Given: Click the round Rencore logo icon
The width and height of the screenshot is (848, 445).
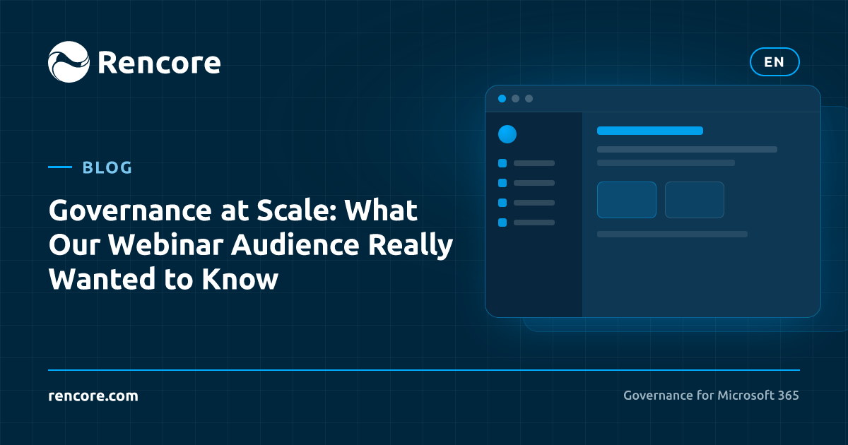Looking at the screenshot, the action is [x=69, y=61].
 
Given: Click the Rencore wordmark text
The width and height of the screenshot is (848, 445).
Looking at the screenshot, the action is [x=160, y=62].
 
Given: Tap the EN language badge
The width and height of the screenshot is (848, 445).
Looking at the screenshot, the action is [x=775, y=61].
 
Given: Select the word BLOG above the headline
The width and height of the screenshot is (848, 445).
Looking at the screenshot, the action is [x=107, y=167].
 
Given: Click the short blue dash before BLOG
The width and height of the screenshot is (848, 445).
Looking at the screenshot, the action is [x=60, y=167].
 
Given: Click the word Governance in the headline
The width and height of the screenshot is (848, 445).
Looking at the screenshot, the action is [x=130, y=210].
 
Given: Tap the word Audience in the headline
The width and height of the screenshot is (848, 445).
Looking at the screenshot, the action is [x=295, y=244].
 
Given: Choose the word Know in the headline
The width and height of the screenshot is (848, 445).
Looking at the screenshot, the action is [x=240, y=279].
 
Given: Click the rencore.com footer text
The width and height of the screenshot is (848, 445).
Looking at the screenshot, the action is [x=93, y=396].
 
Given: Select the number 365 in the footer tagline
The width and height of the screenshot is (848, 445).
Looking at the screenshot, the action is [x=789, y=396].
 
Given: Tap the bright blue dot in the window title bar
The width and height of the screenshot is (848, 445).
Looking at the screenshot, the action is [x=502, y=99].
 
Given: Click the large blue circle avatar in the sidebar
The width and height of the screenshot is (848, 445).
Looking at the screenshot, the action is [x=507, y=134].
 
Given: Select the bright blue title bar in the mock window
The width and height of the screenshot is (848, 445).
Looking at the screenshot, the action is [x=650, y=131].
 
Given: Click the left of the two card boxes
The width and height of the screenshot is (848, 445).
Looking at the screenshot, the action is [x=627, y=200].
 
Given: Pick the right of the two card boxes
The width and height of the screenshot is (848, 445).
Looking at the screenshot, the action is [x=695, y=200].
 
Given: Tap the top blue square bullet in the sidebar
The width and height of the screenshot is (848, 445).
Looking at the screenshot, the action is [x=502, y=163].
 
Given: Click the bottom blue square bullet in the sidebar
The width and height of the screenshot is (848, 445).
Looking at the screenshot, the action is [x=502, y=222].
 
